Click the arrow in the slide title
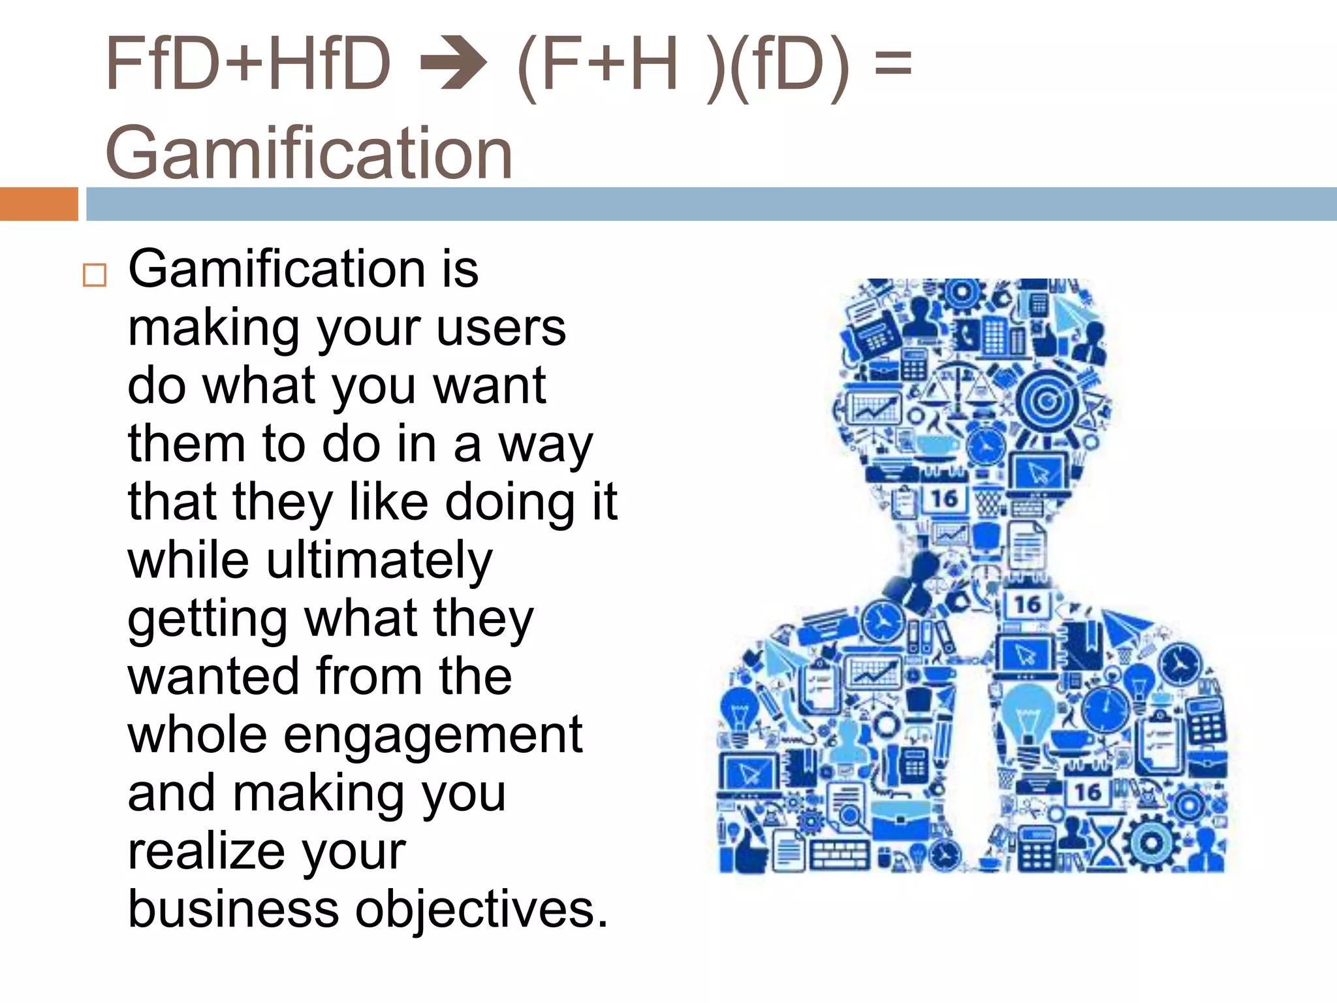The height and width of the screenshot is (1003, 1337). pos(454,64)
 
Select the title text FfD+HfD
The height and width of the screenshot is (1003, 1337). pos(248,64)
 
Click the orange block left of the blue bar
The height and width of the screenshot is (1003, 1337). pos(39,204)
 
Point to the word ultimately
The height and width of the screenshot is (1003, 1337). pos(379,561)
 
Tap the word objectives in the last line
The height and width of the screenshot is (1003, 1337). pos(481,909)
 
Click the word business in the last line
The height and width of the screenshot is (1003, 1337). pos(233,909)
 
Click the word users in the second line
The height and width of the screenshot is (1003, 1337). pos(501,328)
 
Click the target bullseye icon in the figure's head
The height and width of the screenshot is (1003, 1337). pos(1046,400)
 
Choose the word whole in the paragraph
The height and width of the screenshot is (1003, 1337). pos(197,736)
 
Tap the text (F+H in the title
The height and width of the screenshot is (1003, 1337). pos(597,64)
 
